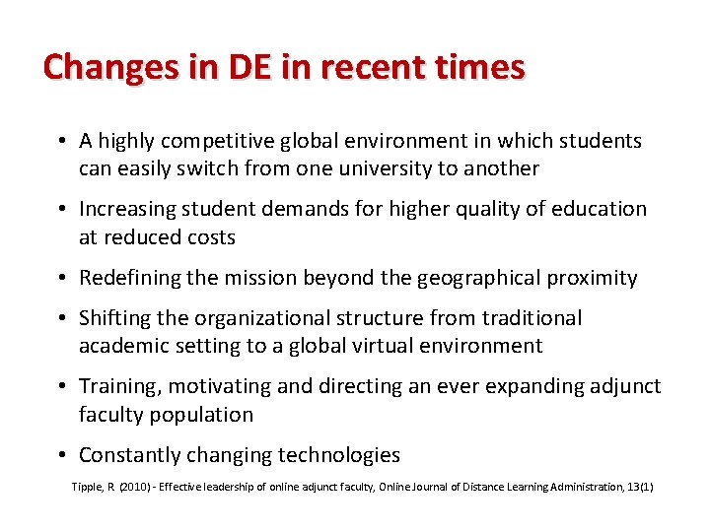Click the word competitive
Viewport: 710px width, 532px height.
point(223,141)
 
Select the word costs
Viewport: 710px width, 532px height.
point(204,237)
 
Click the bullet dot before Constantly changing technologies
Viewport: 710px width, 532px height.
point(62,455)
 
